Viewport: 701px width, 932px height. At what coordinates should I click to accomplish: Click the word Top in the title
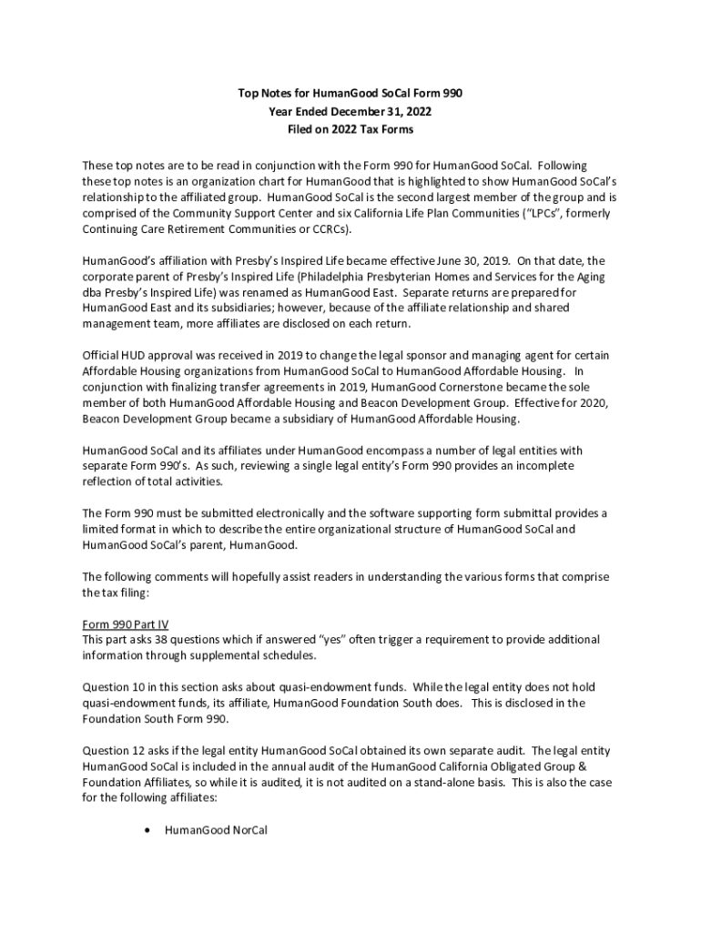(x=248, y=93)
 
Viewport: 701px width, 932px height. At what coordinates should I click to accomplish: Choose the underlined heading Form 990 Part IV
(x=125, y=624)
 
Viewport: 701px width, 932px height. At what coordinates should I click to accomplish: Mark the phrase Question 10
(x=115, y=687)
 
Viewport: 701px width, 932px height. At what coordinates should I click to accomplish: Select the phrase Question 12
(x=115, y=751)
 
